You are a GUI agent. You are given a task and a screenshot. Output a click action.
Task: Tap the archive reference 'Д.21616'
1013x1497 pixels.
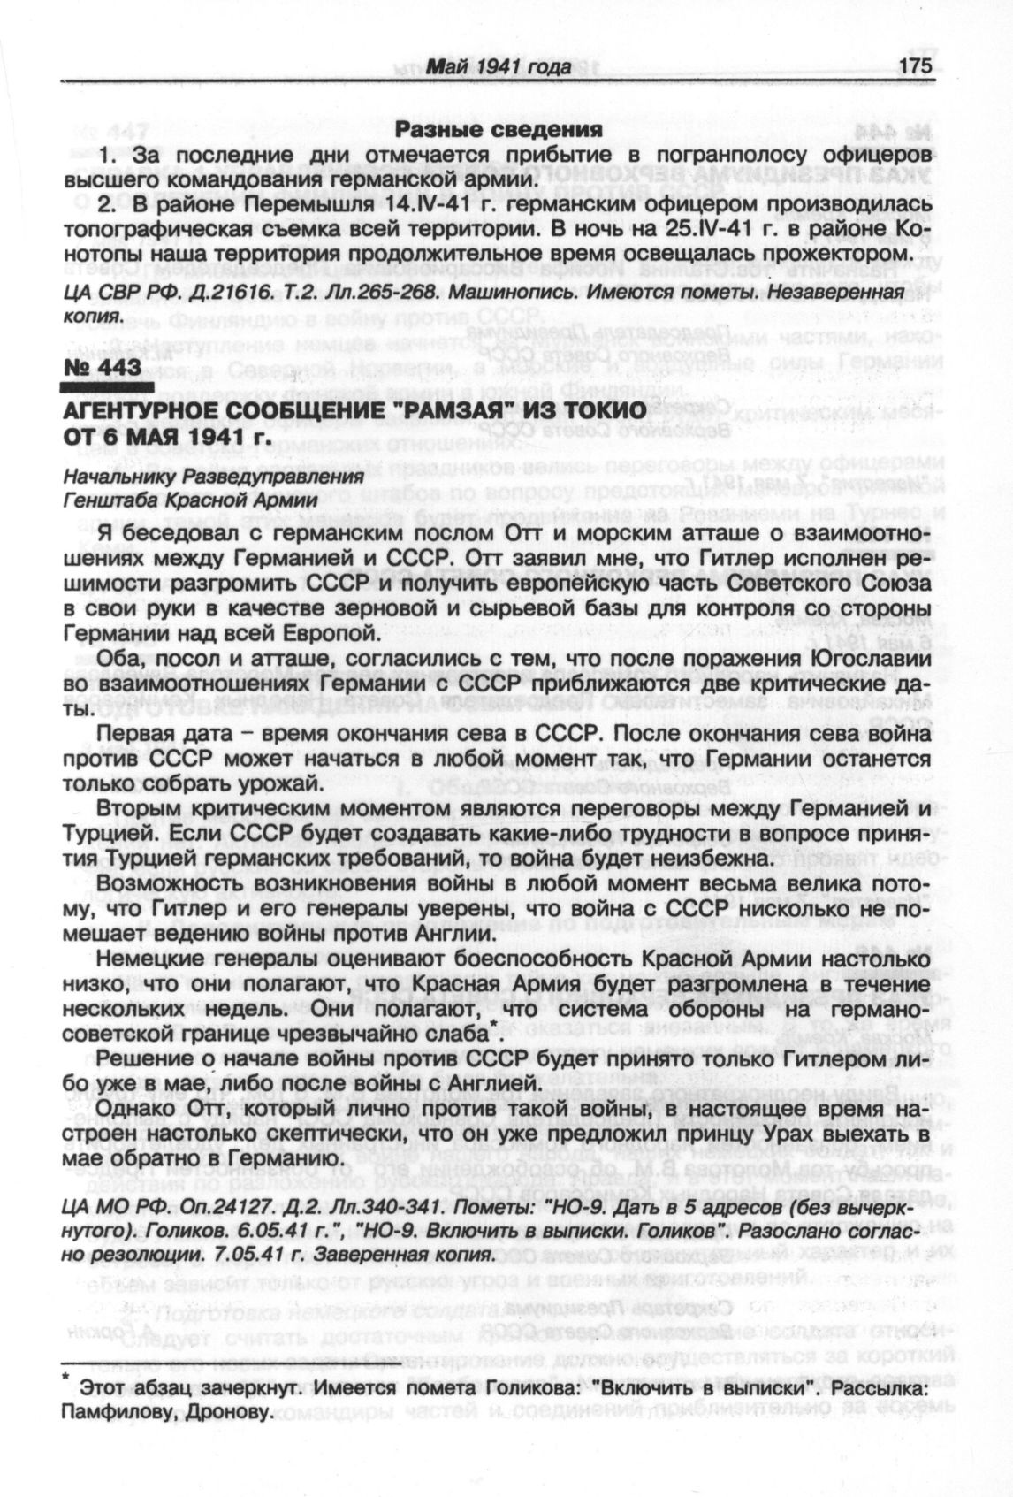pos(209,292)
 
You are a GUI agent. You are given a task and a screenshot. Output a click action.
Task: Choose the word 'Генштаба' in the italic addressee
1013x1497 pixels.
pos(100,500)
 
